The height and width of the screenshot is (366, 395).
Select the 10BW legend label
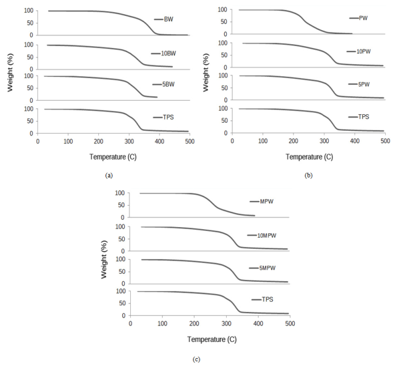coord(171,53)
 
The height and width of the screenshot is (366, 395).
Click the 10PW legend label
coord(366,52)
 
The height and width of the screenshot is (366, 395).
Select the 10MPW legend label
coord(268,235)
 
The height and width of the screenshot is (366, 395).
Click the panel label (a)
coord(109,176)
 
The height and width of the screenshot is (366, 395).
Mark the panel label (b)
coord(308,176)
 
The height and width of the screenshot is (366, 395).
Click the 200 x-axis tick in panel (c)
coord(194,324)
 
